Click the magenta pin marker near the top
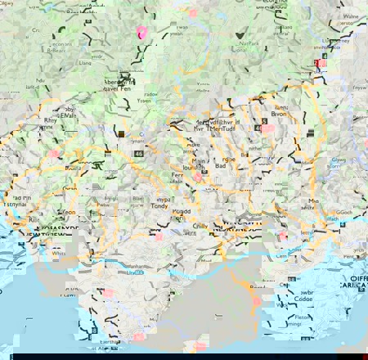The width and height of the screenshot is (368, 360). (141, 32)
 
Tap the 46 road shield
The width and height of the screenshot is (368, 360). (139, 152)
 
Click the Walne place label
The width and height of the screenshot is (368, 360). (351, 16)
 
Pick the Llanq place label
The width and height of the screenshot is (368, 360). (84, 62)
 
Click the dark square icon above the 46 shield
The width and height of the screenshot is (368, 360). (120, 134)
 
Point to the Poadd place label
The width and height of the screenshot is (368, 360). (182, 211)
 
